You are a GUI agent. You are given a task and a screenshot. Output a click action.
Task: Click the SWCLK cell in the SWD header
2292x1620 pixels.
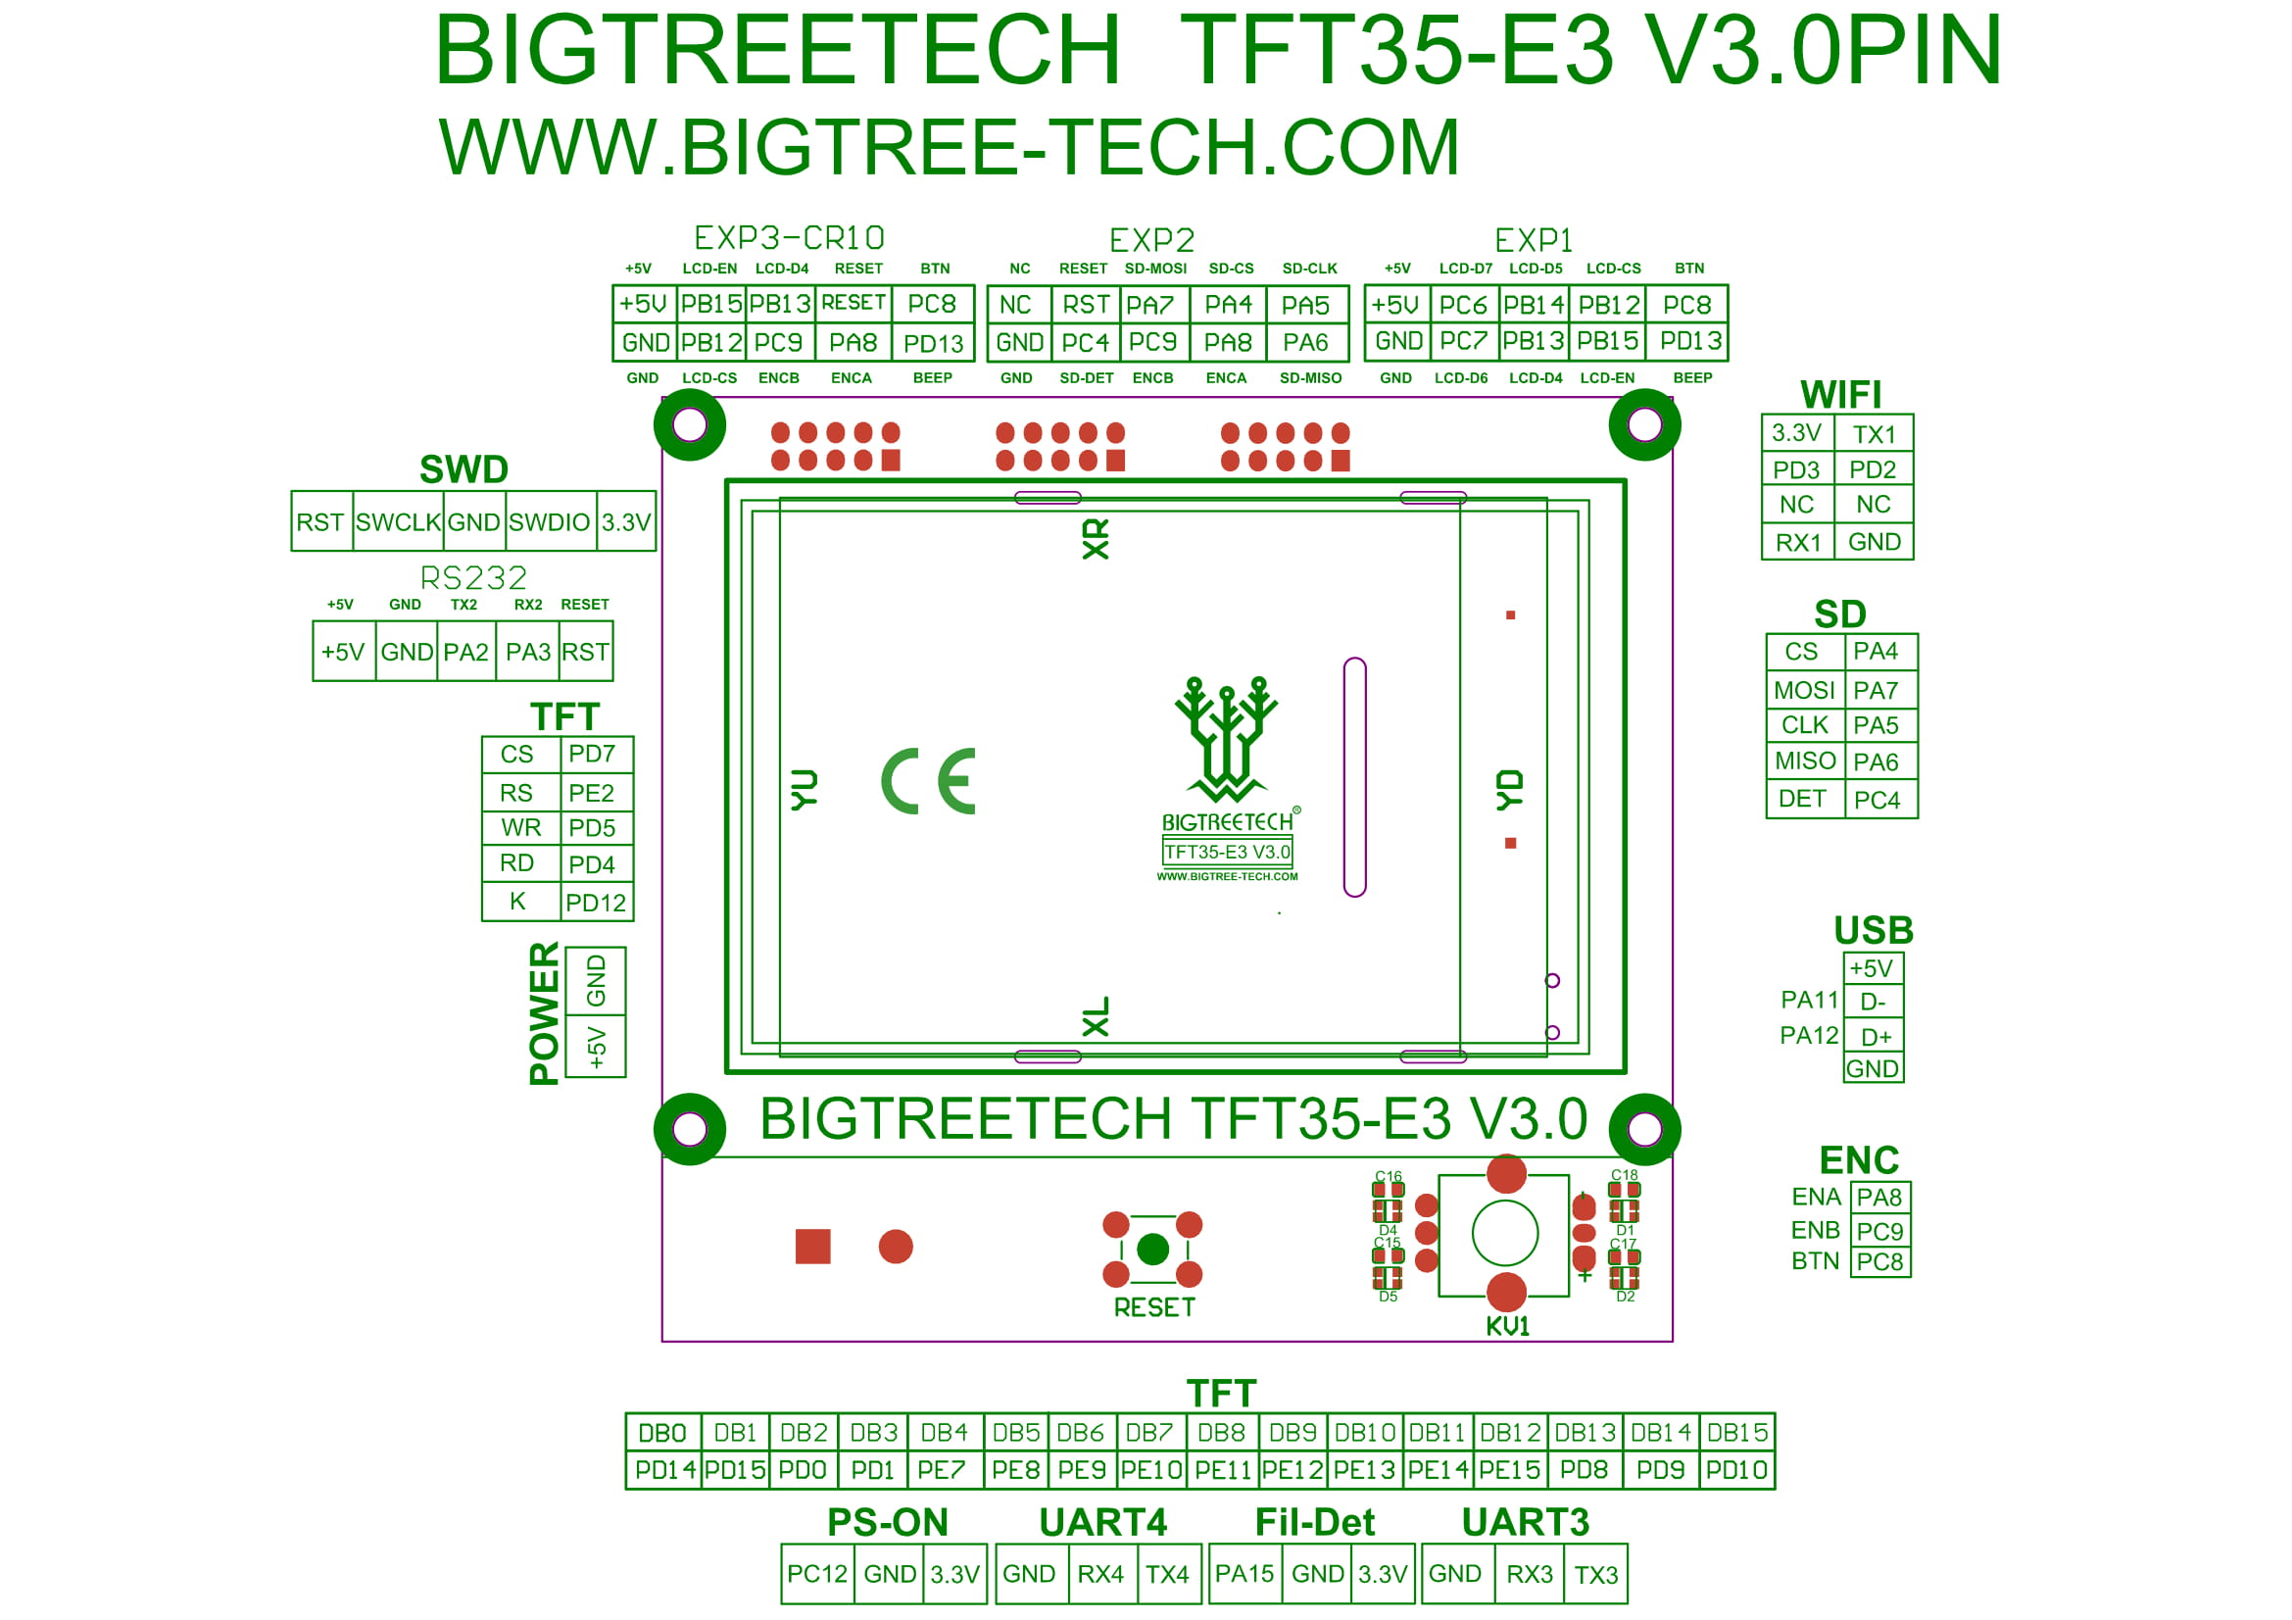[x=398, y=521]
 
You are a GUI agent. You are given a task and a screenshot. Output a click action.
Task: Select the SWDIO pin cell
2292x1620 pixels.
[x=550, y=521]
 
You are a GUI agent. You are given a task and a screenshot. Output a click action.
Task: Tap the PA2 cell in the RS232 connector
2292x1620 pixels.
[x=466, y=652]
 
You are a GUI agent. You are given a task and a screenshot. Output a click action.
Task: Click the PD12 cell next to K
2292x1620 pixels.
[x=595, y=903]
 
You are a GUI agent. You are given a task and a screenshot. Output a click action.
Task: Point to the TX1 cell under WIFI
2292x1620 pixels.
[x=1874, y=434]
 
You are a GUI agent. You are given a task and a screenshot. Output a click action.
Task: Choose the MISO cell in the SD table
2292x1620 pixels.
[x=1805, y=761]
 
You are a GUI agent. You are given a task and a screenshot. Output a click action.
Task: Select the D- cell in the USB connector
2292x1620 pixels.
[x=1873, y=1003]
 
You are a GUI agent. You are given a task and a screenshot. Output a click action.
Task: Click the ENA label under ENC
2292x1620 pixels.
[x=1816, y=1197]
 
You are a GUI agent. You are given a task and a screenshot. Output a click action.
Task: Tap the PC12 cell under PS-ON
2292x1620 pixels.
[x=817, y=1574]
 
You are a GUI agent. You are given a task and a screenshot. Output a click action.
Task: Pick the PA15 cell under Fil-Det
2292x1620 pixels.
[x=1244, y=1574]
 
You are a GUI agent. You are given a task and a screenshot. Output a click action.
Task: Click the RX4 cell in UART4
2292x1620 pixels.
[x=1101, y=1574]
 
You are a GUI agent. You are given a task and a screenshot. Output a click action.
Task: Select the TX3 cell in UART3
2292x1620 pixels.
[x=1595, y=1574]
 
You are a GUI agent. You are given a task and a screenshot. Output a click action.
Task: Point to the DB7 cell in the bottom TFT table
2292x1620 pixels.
[x=1150, y=1434]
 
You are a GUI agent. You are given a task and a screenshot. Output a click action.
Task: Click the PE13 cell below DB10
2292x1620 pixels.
[x=1365, y=1470]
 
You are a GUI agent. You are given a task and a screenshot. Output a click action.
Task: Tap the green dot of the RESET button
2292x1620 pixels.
[x=1153, y=1249]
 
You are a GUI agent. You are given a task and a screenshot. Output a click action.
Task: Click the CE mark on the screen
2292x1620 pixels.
[x=928, y=780]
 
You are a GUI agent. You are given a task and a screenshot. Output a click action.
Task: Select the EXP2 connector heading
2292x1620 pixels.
[x=1152, y=240]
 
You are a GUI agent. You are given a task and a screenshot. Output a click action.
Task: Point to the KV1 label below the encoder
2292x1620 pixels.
[x=1507, y=1326]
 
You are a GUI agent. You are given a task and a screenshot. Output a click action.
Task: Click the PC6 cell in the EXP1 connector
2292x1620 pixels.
[x=1463, y=305]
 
